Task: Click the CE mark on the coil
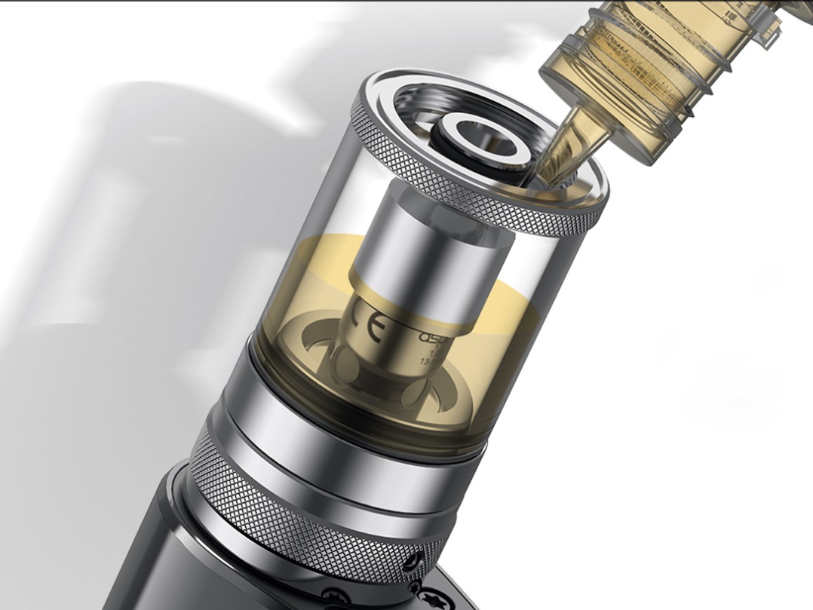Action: [x=371, y=324]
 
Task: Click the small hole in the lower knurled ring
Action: [x=411, y=559]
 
